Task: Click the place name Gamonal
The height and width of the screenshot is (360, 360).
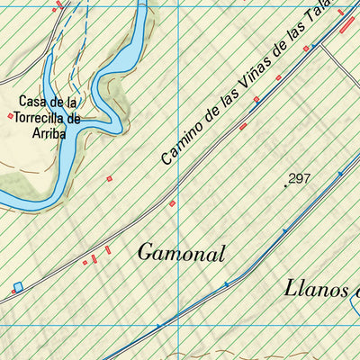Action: click(181, 254)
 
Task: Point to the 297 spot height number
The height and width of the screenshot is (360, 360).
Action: click(300, 179)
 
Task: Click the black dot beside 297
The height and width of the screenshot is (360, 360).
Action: click(286, 185)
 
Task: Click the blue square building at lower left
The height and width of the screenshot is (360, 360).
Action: click(17, 287)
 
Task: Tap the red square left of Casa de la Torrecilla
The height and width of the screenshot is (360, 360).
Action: click(11, 116)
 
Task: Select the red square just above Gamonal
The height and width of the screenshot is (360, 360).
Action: click(172, 203)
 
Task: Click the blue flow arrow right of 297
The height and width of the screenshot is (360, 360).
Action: click(340, 174)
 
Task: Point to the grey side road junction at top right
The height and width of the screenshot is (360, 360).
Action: click(322, 44)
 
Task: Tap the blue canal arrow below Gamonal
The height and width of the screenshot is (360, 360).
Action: click(226, 283)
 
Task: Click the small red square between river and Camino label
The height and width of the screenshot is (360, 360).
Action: click(110, 179)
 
